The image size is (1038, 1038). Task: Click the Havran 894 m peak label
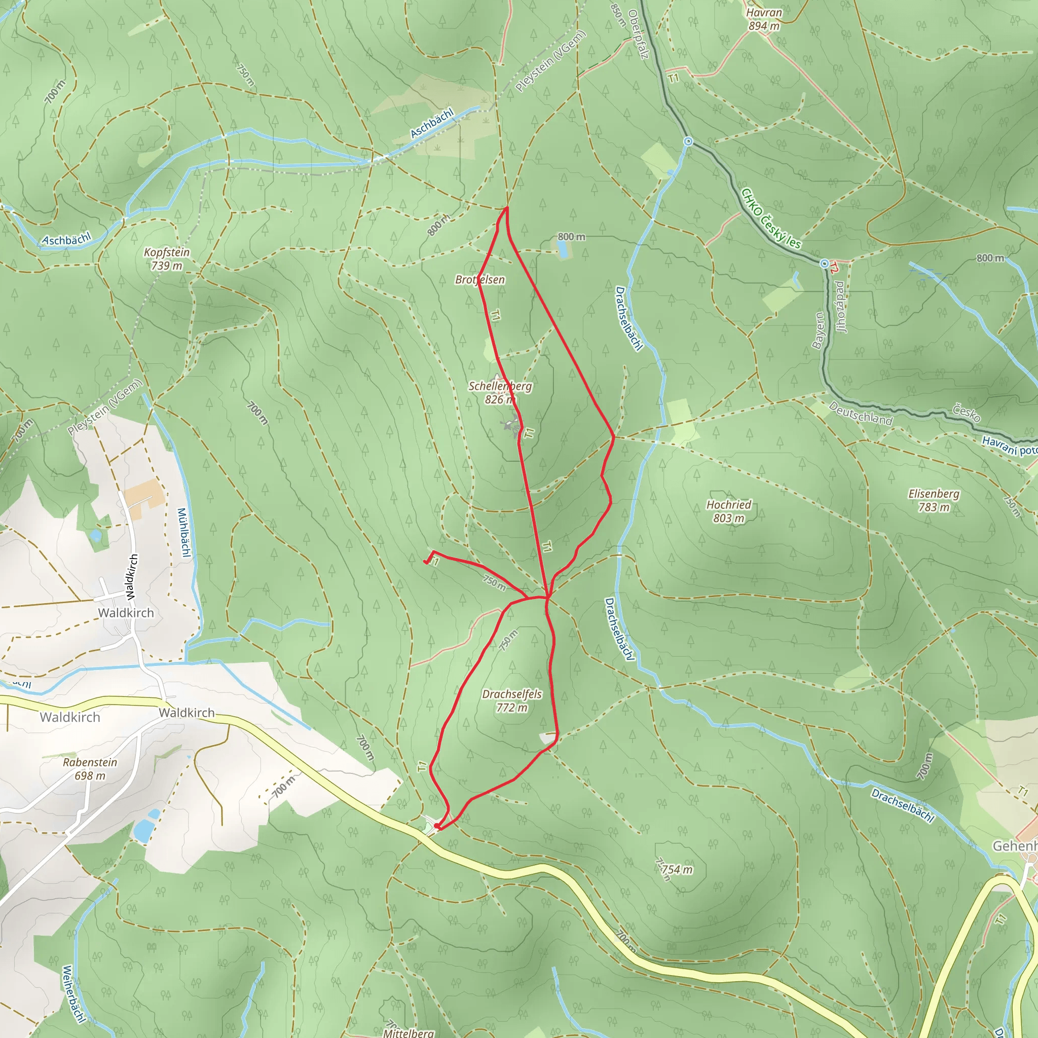pos(764,19)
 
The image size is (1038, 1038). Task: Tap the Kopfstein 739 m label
pos(167,259)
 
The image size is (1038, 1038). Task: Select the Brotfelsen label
pos(480,279)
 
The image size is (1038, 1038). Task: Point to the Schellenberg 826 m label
pos(500,393)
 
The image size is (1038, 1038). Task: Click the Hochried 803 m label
pos(728,511)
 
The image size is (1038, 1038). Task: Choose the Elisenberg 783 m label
pos(934,500)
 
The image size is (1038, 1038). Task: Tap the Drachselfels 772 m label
pos(511,700)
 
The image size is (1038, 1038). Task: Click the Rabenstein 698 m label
pos(90,769)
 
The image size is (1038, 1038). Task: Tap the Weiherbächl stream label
pos(73,994)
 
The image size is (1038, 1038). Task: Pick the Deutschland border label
pos(860,413)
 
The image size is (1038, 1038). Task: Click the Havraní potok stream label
pos(1009,446)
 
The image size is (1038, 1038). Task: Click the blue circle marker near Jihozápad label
pos(824,264)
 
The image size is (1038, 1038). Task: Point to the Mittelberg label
pos(409,1033)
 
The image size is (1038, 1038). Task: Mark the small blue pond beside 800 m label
pos(562,249)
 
